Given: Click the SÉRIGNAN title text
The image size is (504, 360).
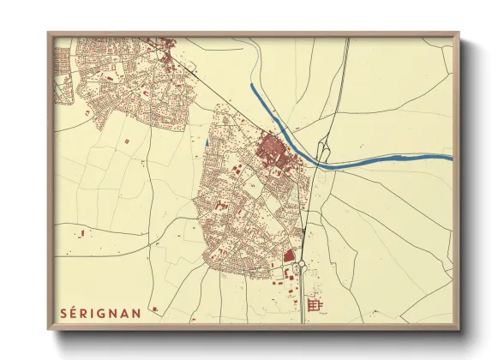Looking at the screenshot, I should tap(100, 312).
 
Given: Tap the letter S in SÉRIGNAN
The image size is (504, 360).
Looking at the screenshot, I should tap(63, 312).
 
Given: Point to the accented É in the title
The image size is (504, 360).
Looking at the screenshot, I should tap(75, 312).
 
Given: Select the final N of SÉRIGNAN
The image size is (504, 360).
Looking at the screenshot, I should tap(136, 312).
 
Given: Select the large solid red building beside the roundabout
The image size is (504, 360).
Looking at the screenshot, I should tap(289, 255).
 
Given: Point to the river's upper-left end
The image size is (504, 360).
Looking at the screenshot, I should tap(252, 86).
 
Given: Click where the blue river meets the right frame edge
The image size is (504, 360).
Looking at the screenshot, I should tap(451, 157).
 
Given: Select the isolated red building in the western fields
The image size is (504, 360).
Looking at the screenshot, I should tap(128, 139).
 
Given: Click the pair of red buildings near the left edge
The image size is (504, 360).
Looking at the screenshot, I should tap(82, 232).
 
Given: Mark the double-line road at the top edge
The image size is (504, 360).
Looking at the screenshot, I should tap(346, 41).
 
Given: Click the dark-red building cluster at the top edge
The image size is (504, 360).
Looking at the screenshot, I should tap(167, 43).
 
